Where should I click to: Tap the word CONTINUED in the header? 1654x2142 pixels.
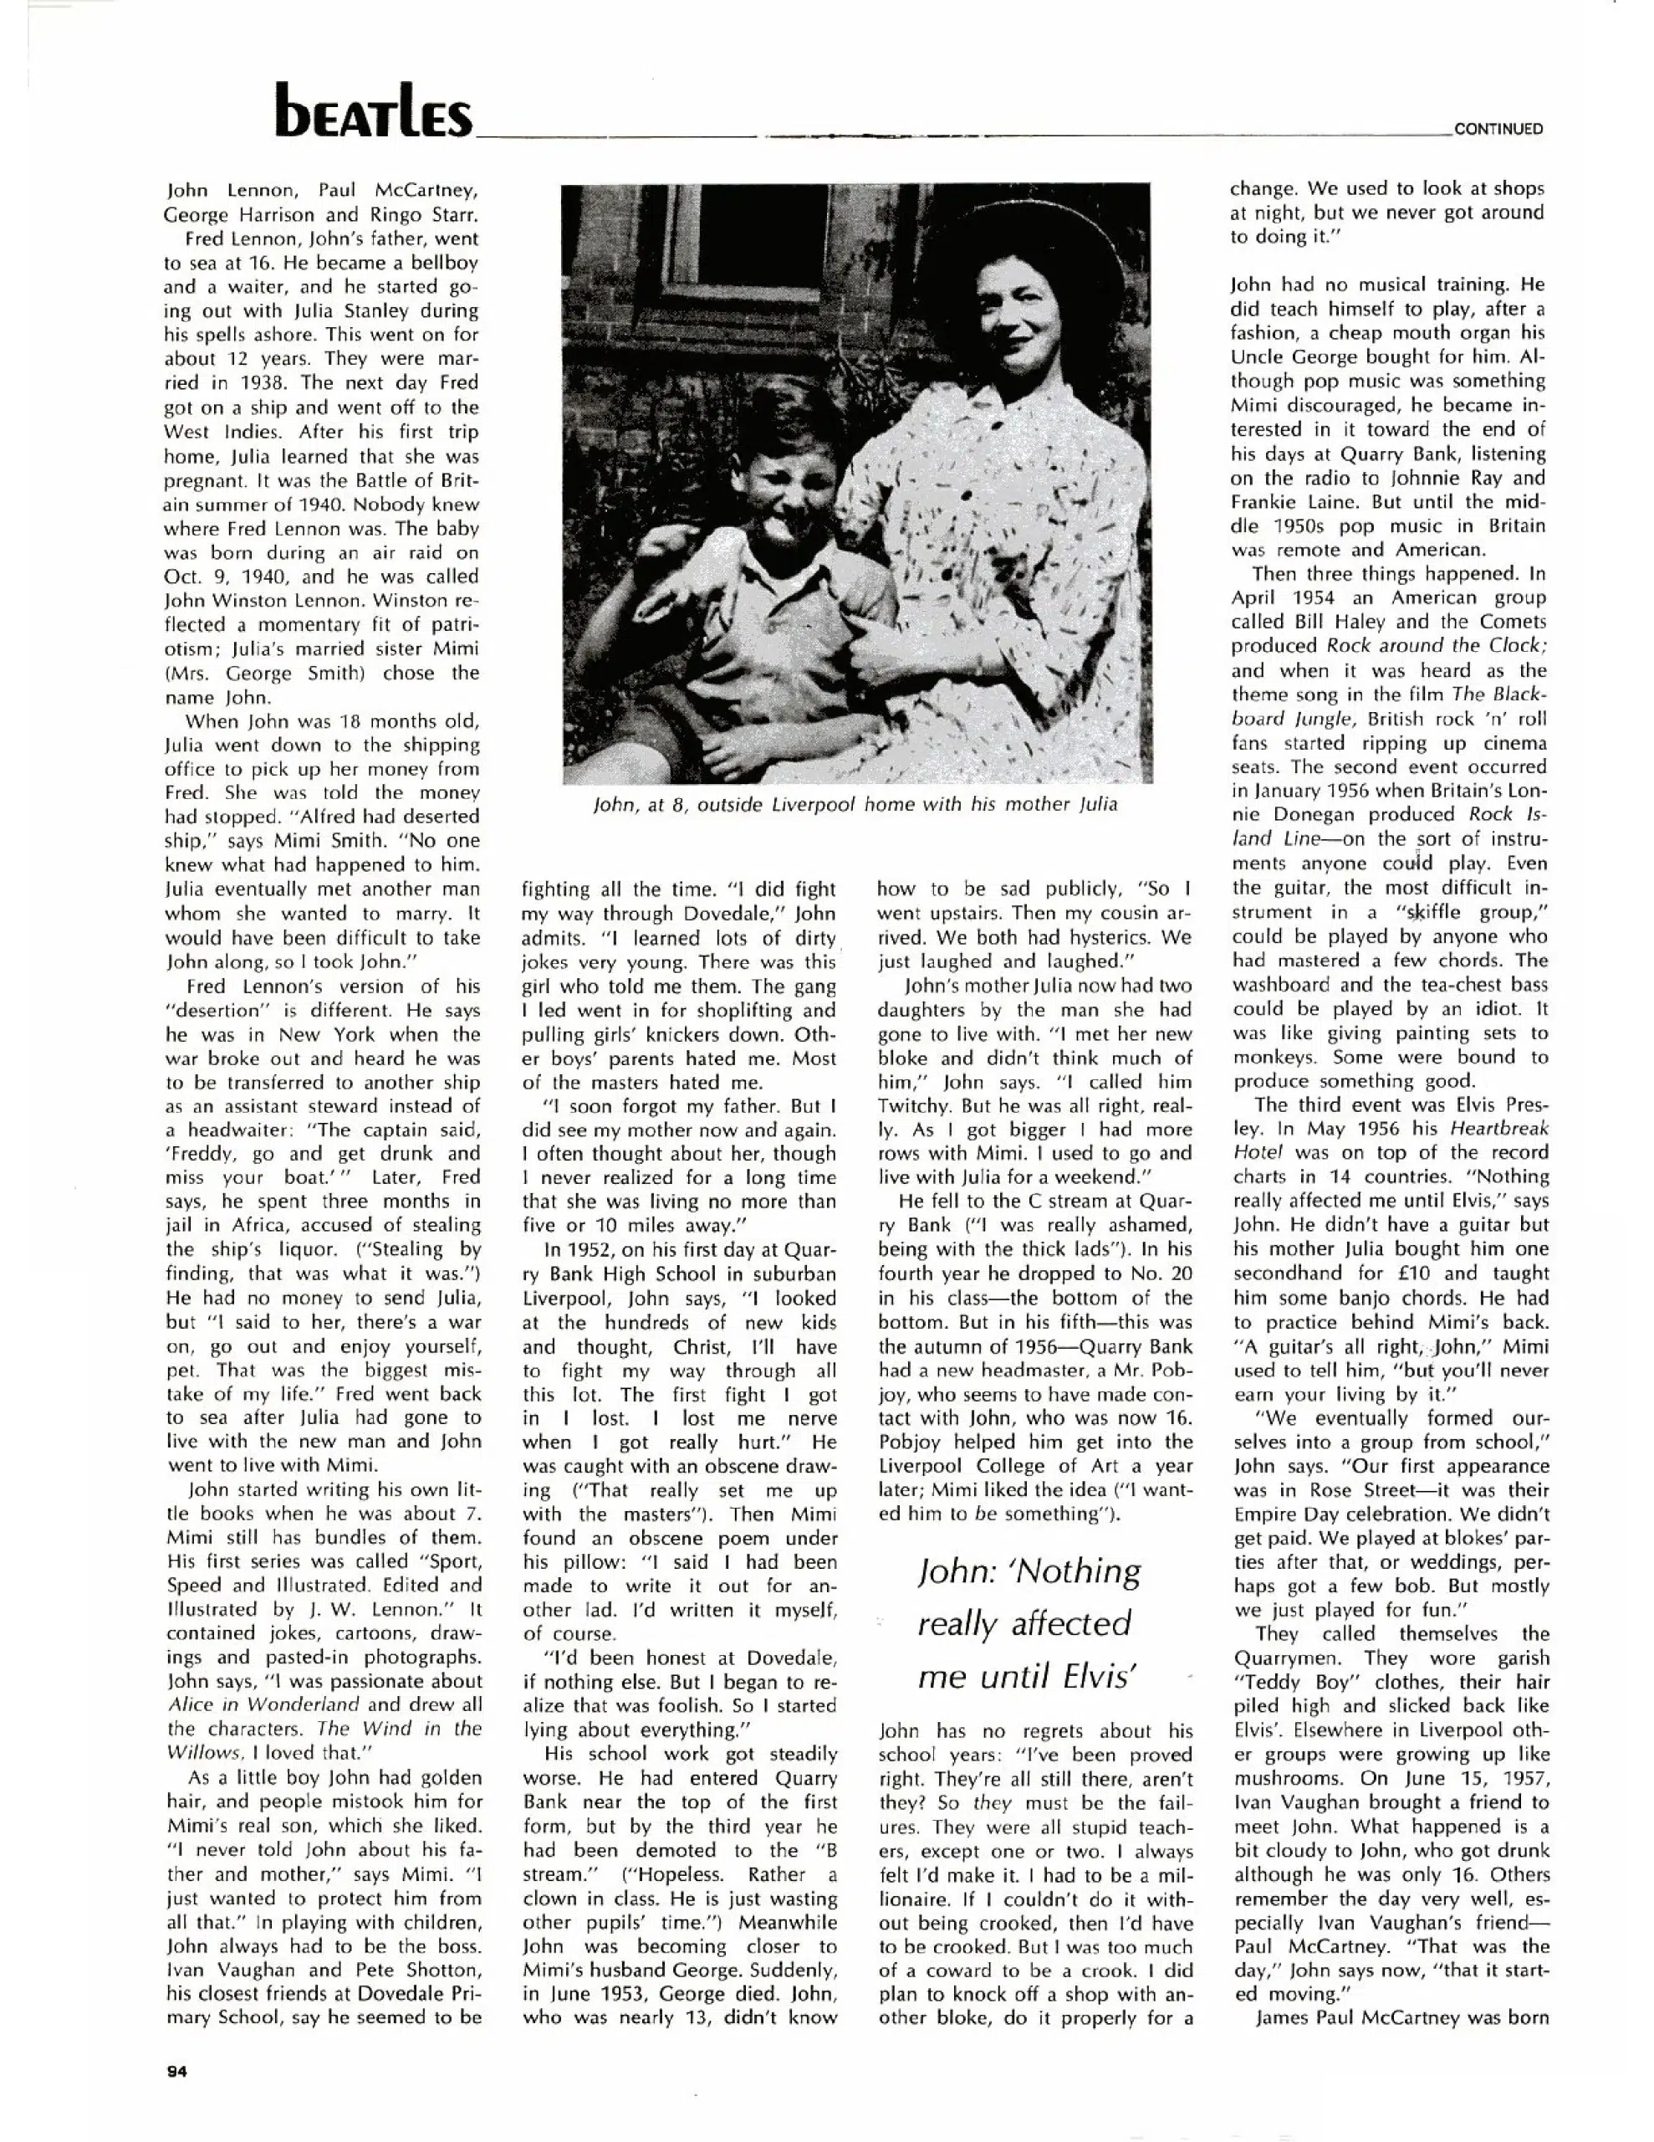[x=1498, y=129]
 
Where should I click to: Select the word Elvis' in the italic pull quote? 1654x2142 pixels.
[x=1085, y=1676]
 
